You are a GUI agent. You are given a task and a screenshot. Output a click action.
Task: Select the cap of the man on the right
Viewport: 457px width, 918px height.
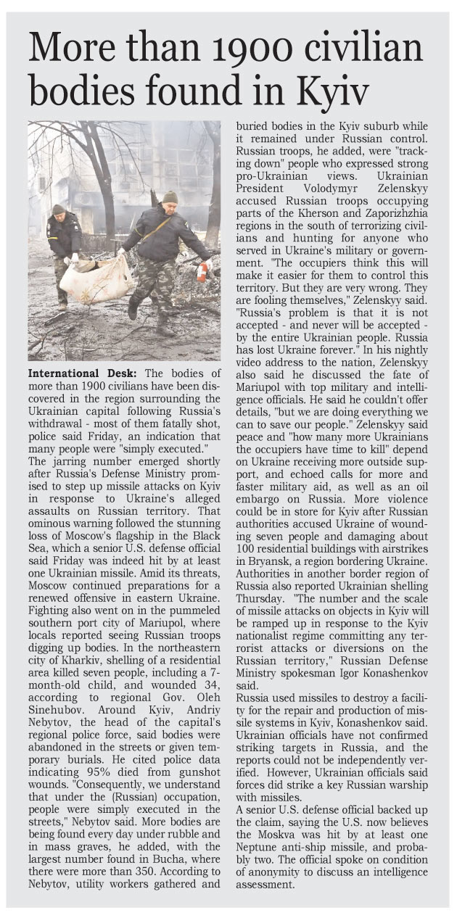click(x=170, y=196)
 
